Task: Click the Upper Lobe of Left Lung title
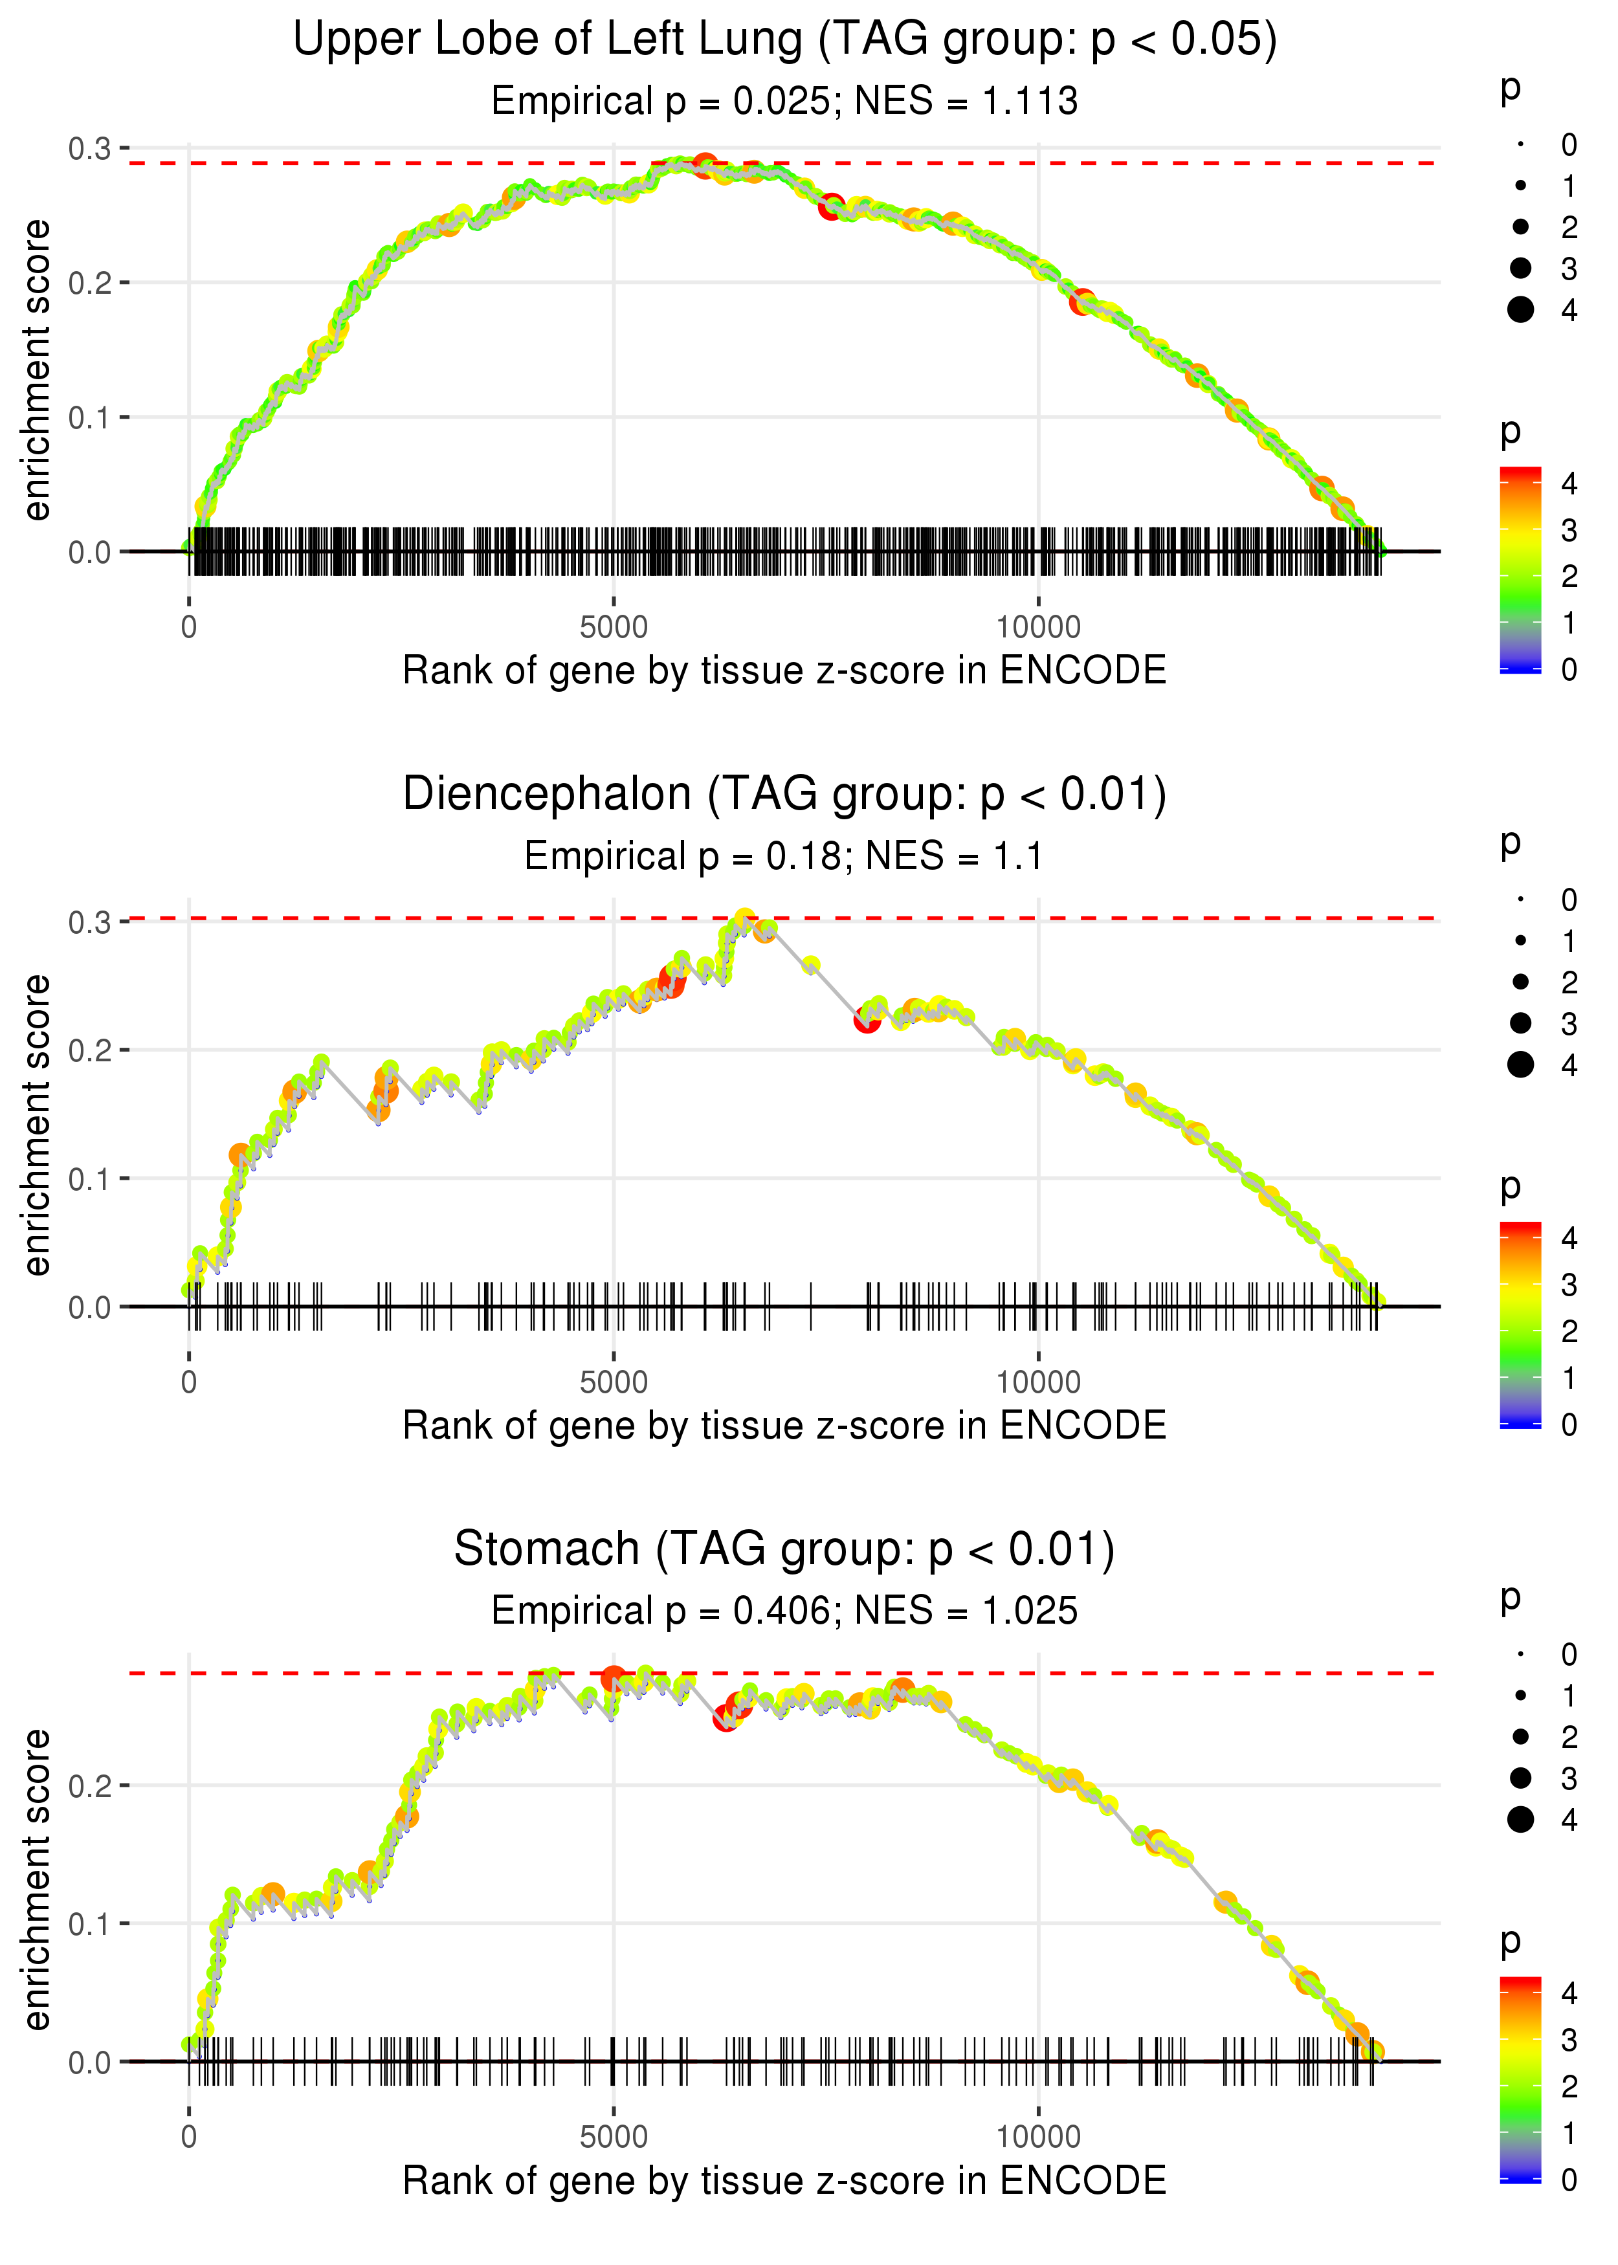pyautogui.click(x=784, y=40)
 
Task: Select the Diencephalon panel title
pyautogui.click(x=784, y=795)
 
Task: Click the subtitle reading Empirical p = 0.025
pyautogui.click(x=784, y=102)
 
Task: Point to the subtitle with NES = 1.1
pyautogui.click(x=784, y=857)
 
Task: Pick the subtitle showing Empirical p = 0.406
pyautogui.click(x=784, y=1611)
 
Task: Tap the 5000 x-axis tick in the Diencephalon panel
pyautogui.click(x=613, y=1382)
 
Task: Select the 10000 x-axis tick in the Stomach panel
pyautogui.click(x=1038, y=2136)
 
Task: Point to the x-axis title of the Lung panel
pyautogui.click(x=784, y=670)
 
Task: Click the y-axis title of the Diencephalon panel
pyautogui.click(x=37, y=1125)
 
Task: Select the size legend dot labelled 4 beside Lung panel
pyautogui.click(x=1520, y=310)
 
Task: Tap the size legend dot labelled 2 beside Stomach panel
pyautogui.click(x=1520, y=1736)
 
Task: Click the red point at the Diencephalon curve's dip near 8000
pyautogui.click(x=867, y=1020)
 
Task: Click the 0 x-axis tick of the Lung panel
pyautogui.click(x=189, y=628)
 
